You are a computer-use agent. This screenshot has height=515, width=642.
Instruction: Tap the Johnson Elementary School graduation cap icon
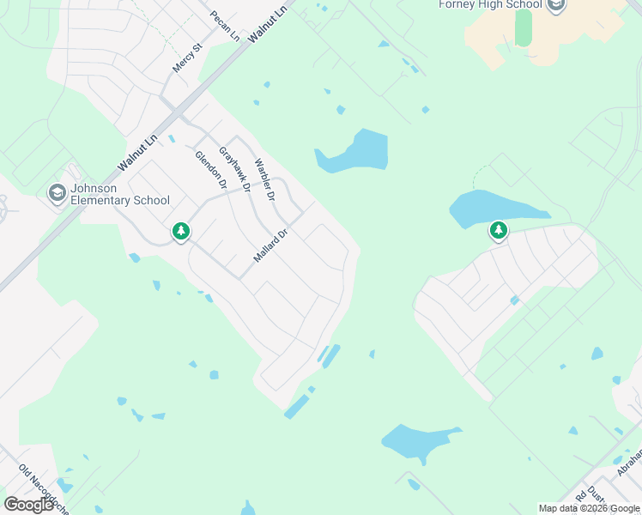tap(58, 193)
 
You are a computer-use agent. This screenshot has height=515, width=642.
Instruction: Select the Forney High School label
tap(490, 4)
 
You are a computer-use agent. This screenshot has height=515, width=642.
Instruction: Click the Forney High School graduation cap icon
tap(556, 6)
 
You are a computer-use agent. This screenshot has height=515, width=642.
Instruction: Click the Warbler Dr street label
tap(263, 179)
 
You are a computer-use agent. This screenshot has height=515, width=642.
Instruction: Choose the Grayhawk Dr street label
tap(233, 169)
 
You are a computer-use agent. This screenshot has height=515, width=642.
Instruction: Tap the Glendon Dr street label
tap(210, 170)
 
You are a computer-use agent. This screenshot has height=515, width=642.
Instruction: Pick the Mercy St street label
tap(186, 58)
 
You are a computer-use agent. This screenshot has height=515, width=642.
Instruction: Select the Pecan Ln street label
tap(225, 26)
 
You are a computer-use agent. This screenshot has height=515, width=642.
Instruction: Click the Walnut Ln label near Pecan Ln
tap(266, 23)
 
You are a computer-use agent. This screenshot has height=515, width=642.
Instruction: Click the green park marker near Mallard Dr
tap(180, 231)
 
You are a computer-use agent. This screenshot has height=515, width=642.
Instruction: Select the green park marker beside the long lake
tap(498, 230)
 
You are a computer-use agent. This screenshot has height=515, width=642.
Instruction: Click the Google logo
tap(29, 505)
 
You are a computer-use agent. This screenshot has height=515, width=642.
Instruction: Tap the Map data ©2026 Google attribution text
tap(590, 508)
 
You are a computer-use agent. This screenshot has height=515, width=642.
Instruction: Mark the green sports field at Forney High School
tap(524, 28)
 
